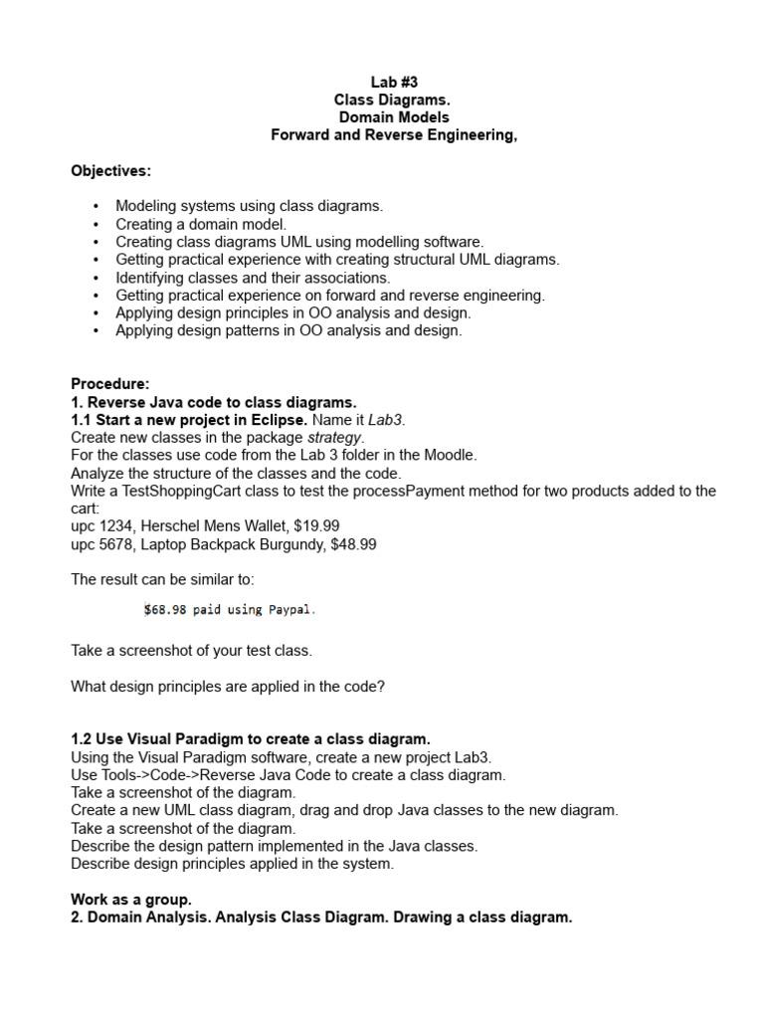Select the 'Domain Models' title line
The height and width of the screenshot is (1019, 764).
pos(394,118)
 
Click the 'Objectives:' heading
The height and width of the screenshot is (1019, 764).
pos(111,171)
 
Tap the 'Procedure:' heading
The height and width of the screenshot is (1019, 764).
pos(110,384)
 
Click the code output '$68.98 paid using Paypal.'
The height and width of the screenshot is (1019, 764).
pos(230,609)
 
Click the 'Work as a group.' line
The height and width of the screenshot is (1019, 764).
pos(131,900)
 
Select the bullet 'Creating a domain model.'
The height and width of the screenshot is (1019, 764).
pos(201,224)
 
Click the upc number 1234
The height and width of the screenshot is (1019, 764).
pos(115,526)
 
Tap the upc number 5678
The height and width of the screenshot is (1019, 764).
pos(115,544)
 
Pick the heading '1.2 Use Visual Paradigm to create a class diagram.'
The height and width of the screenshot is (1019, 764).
pos(251,738)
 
